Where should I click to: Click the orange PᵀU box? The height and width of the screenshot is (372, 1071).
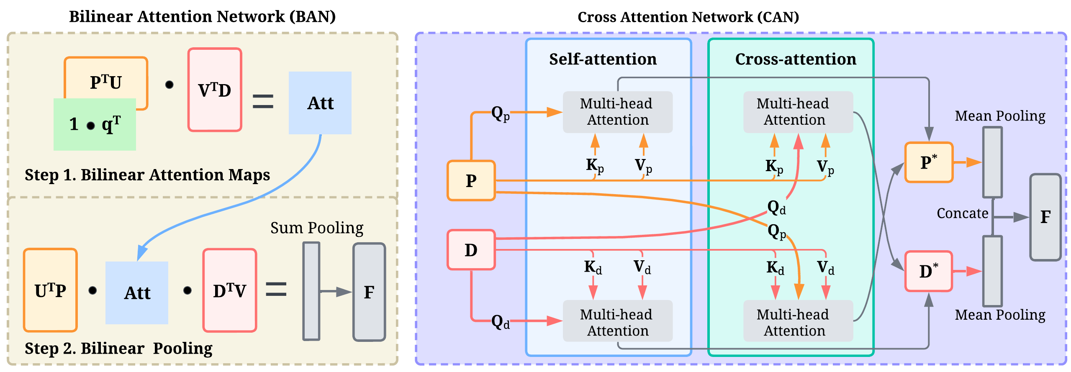click(x=106, y=80)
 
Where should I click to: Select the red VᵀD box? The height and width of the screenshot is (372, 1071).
click(x=215, y=90)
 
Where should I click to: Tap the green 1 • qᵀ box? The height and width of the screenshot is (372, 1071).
click(x=95, y=125)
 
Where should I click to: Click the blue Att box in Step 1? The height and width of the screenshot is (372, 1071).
click(x=320, y=103)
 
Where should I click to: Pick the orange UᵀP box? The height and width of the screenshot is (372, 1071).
click(x=50, y=290)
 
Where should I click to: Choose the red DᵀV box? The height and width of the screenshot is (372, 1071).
click(x=229, y=290)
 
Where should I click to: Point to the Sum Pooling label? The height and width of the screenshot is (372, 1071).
click(x=317, y=228)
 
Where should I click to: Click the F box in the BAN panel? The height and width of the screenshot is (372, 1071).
click(x=369, y=292)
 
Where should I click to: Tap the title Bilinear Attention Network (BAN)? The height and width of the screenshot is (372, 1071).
click(x=202, y=17)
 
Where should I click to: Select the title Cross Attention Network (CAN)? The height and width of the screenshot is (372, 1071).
click(x=688, y=17)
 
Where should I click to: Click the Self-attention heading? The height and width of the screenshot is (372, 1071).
click(x=603, y=59)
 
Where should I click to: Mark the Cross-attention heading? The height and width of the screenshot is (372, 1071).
click(x=796, y=59)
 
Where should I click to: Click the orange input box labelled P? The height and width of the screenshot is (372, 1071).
click(x=471, y=181)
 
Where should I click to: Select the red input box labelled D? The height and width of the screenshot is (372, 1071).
click(x=471, y=250)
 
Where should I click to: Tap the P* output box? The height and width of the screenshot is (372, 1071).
click(x=929, y=162)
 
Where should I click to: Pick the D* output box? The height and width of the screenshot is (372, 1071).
click(x=929, y=271)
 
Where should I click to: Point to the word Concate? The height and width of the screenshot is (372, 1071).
click(x=962, y=213)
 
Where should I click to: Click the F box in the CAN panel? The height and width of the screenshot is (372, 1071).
click(x=1045, y=217)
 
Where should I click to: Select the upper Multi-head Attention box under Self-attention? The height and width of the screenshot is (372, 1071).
click(x=617, y=112)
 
